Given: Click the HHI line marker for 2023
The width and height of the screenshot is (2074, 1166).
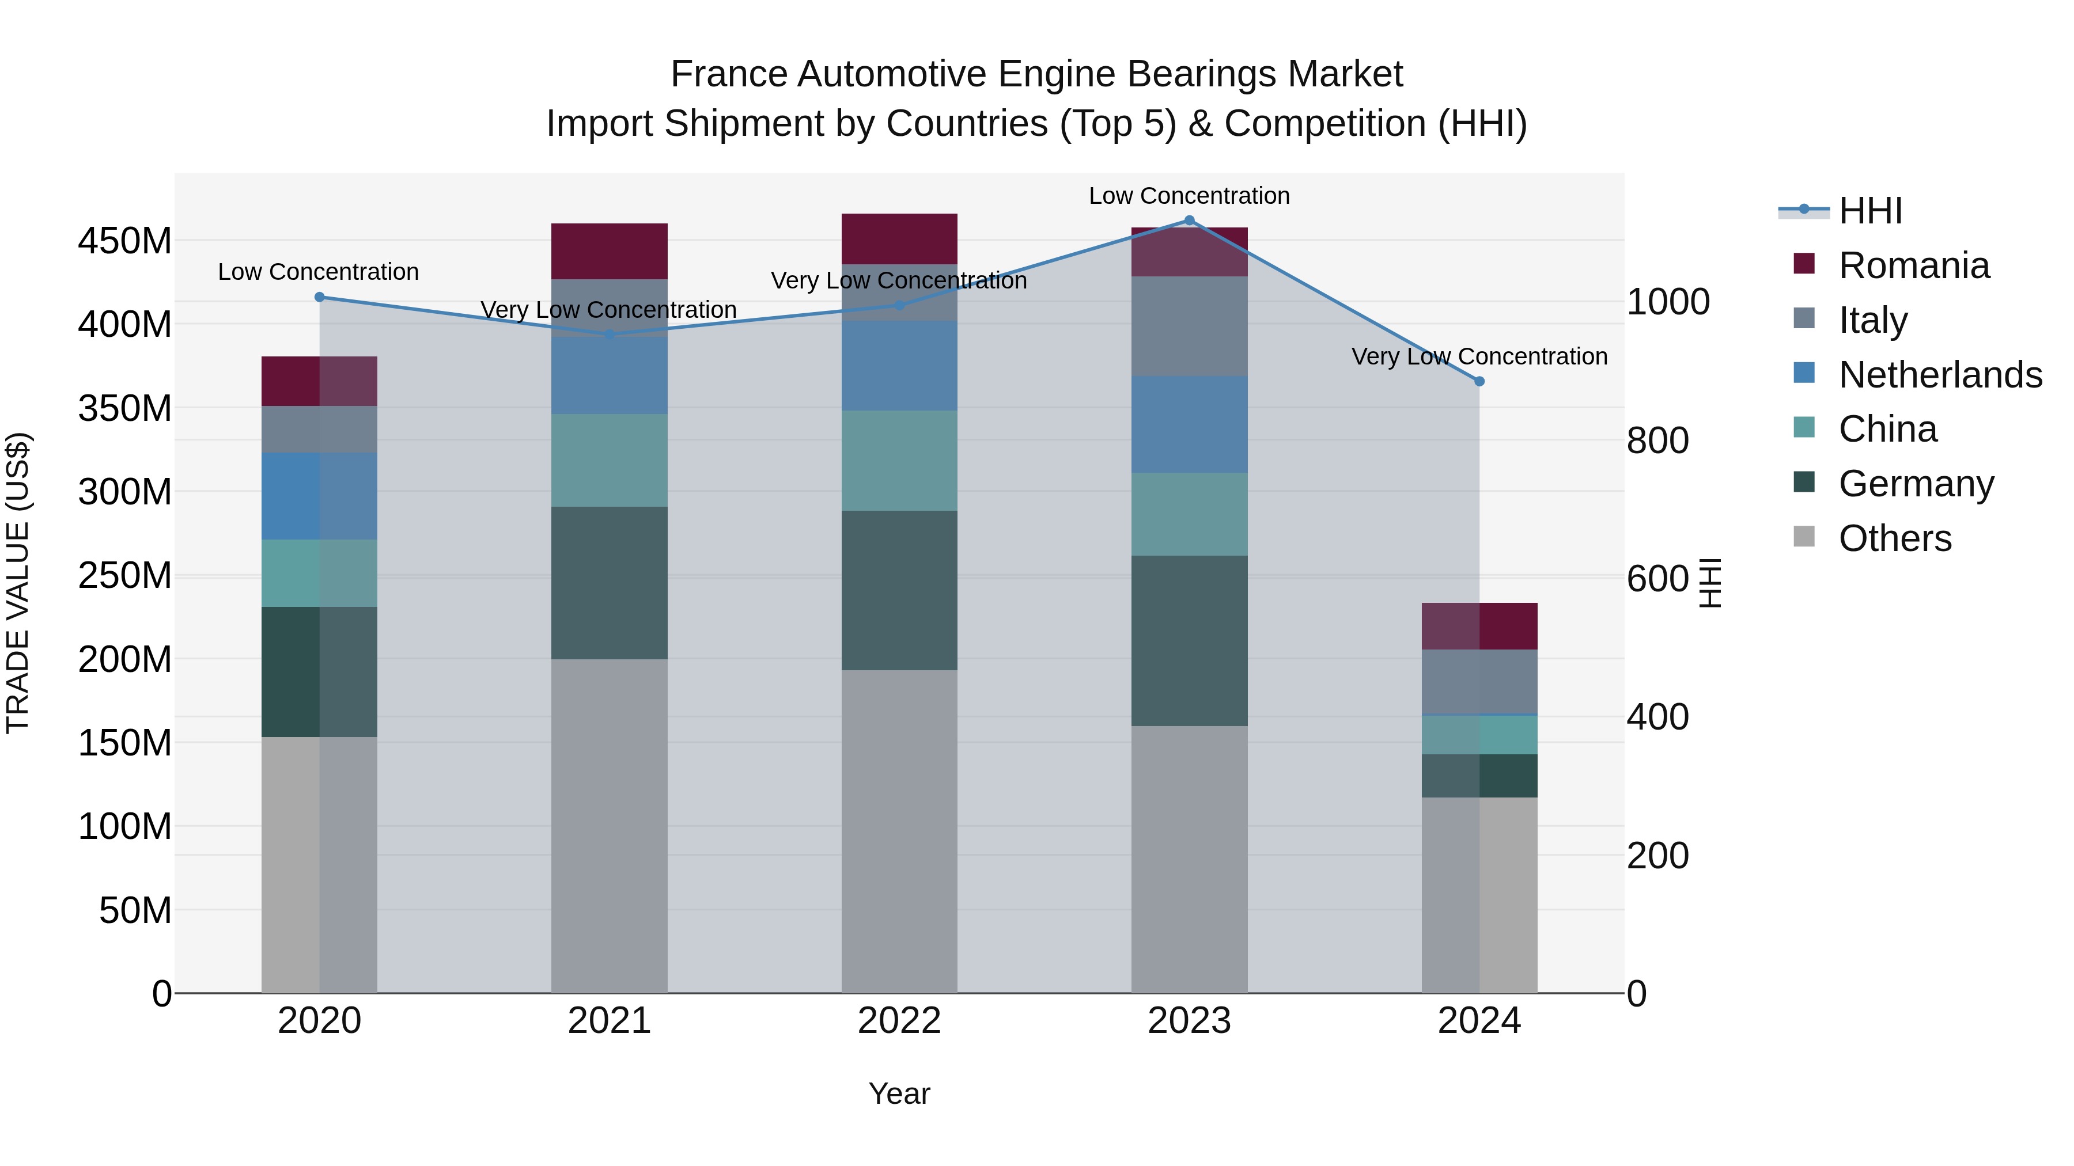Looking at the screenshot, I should click(x=1189, y=221).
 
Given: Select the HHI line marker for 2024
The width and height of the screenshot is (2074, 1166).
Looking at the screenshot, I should click(x=1479, y=381).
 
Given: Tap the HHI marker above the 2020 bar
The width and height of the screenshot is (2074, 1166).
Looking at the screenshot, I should click(x=320, y=297).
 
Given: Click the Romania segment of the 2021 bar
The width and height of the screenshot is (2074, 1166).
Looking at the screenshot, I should click(x=610, y=251).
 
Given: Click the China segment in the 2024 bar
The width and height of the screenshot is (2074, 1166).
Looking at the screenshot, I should click(x=1479, y=735).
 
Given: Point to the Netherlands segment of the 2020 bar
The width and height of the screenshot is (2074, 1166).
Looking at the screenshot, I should click(x=320, y=496).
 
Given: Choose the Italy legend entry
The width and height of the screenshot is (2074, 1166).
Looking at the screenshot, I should click(x=1873, y=320).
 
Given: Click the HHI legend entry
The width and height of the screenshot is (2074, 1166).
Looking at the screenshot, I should click(x=1870, y=211).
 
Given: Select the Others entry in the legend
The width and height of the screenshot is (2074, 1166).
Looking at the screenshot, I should click(x=1894, y=538).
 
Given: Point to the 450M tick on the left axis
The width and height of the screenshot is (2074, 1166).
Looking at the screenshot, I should click(x=125, y=241).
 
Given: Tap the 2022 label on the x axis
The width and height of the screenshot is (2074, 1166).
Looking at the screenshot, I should click(x=899, y=1021).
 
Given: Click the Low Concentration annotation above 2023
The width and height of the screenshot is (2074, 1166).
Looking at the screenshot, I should click(x=1189, y=196).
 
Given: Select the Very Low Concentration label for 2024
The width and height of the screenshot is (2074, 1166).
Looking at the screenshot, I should click(x=1479, y=356).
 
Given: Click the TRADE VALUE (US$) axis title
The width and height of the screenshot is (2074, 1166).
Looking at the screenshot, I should click(x=18, y=583).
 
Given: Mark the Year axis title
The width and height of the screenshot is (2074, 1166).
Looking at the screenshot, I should click(x=899, y=1093).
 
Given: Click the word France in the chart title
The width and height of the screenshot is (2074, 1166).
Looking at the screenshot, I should click(x=728, y=74).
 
